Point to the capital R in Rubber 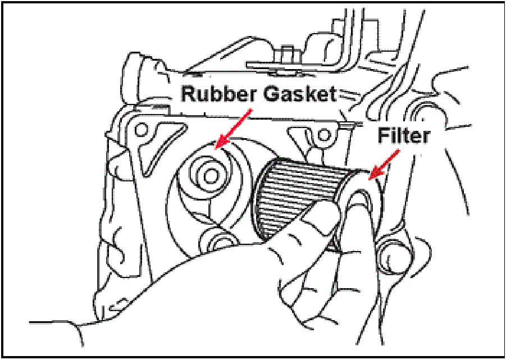187,94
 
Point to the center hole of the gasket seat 211,176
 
